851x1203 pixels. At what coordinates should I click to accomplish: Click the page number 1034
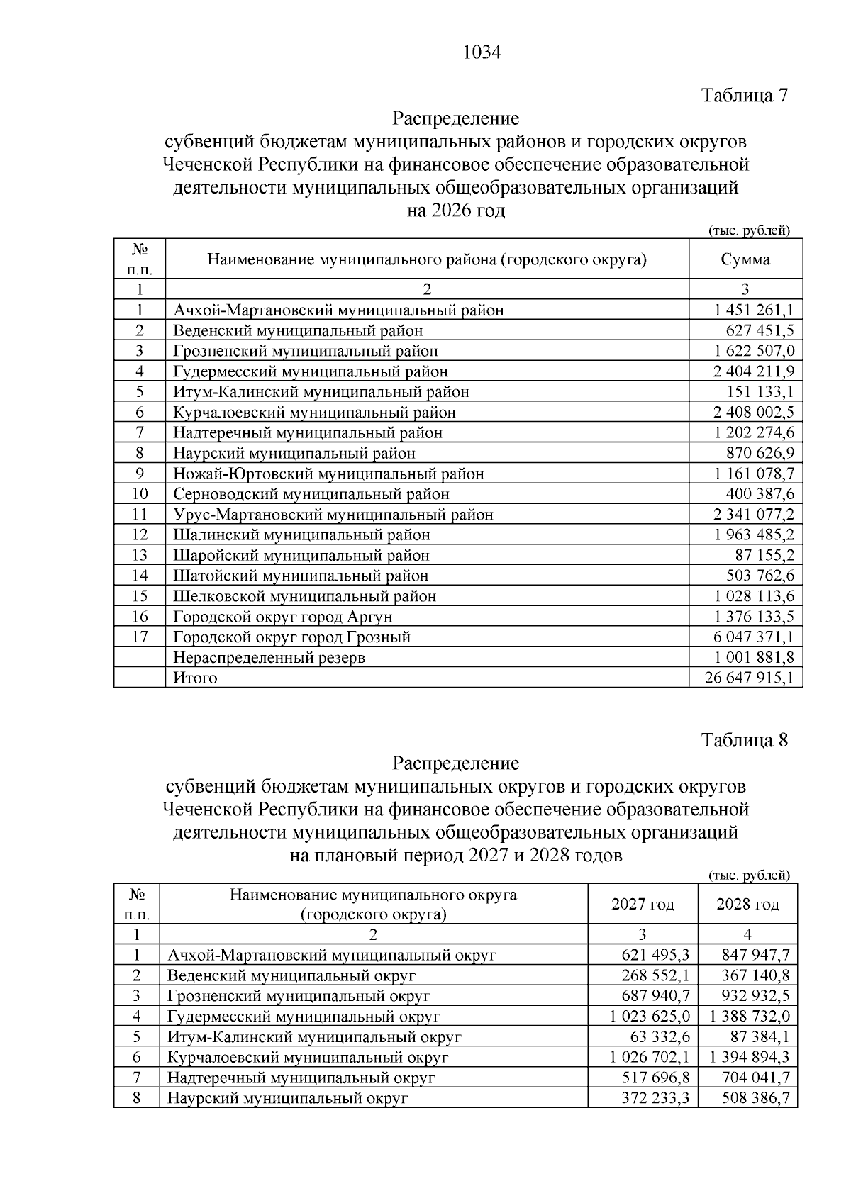(x=482, y=53)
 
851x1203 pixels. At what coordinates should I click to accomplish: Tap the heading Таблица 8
(x=745, y=741)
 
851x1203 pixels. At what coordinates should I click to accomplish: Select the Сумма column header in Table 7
(x=745, y=259)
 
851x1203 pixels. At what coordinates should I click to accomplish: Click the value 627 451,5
(x=760, y=330)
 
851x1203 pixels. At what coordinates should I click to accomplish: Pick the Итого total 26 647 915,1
(x=750, y=678)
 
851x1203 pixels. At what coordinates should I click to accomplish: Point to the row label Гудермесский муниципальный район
(x=311, y=371)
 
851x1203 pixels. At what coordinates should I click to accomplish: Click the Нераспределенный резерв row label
(x=269, y=657)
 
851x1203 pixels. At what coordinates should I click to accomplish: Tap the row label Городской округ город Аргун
(x=283, y=617)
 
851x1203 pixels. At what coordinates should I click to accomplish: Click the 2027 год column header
(x=643, y=905)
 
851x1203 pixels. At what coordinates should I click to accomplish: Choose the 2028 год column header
(x=747, y=905)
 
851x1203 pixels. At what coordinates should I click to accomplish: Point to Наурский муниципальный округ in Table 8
(x=288, y=1099)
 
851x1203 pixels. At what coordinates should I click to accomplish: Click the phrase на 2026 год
(x=456, y=211)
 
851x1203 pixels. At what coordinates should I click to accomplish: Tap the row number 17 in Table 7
(x=140, y=637)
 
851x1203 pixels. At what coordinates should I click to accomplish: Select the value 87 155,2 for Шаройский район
(x=764, y=555)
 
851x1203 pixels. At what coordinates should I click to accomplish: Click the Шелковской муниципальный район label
(x=305, y=596)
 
